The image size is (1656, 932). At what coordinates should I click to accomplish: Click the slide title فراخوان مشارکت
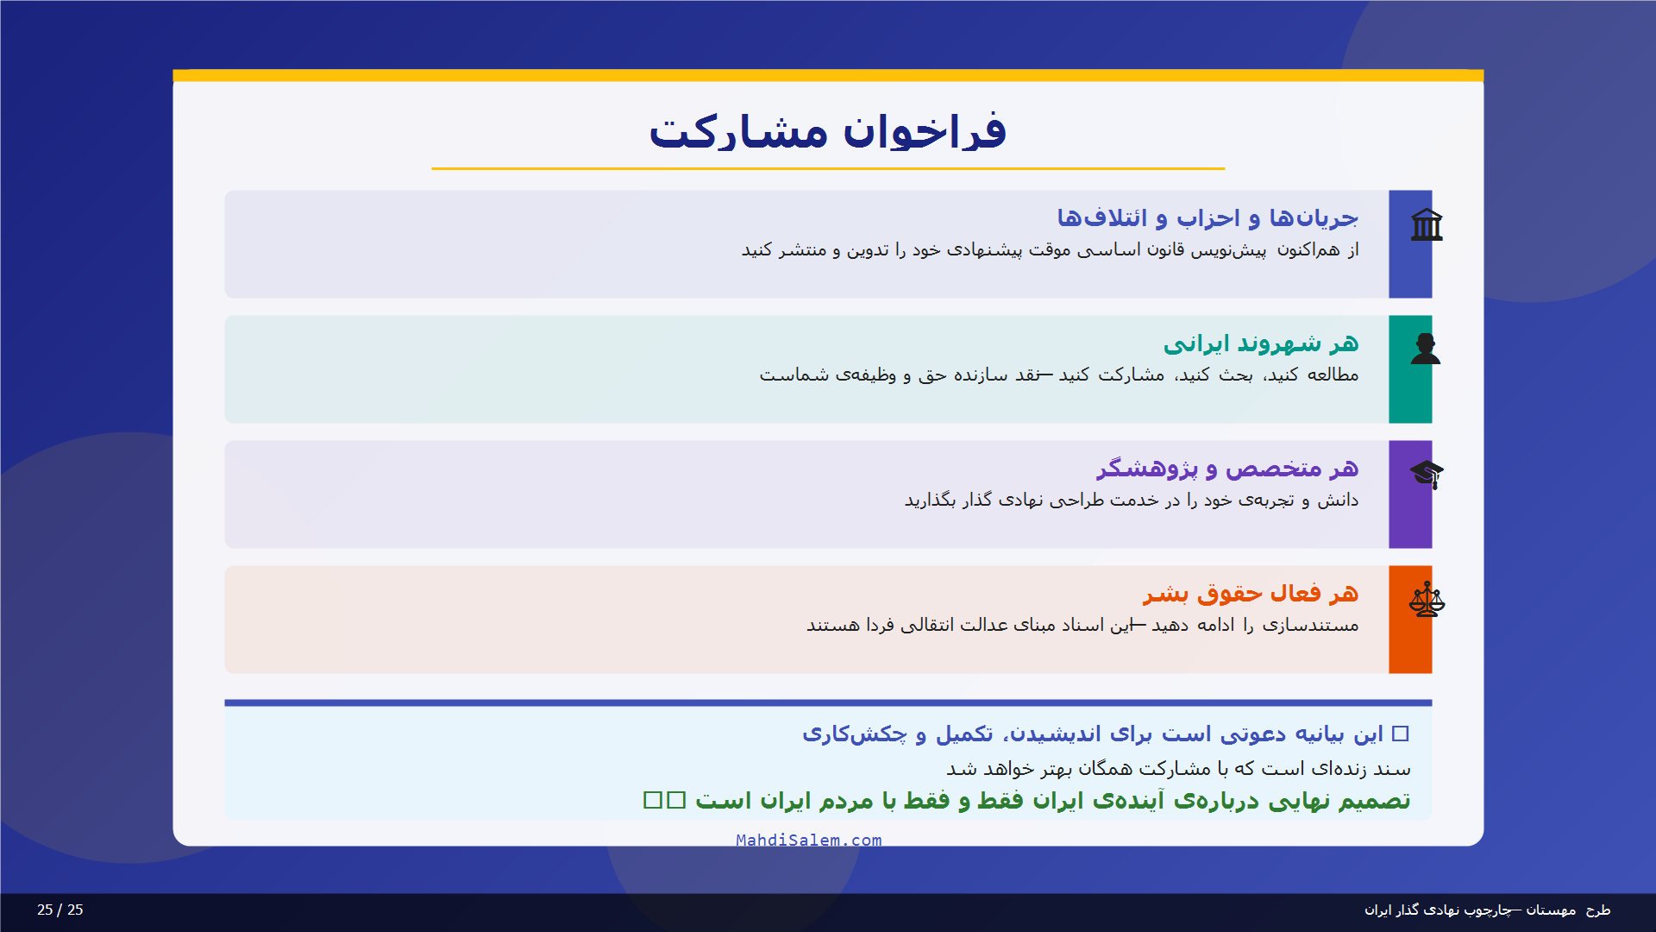827,131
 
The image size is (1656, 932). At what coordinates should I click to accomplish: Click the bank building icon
1427,225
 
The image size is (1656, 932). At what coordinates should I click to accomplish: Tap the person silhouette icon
1426,349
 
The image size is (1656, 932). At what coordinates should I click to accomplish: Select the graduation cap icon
1427,474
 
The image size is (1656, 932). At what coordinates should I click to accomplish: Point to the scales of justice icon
1427,599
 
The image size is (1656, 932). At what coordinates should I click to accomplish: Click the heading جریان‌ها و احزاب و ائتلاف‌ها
1207,217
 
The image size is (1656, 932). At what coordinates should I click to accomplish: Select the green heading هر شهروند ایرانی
1260,343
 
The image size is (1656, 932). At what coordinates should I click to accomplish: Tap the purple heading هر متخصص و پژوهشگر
1226,469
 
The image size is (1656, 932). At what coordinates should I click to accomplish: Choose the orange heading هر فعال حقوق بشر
1250,594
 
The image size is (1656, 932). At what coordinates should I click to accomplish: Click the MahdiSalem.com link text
808,840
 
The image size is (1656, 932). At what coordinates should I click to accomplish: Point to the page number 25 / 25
60,910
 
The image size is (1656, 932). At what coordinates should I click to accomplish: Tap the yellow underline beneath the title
827,168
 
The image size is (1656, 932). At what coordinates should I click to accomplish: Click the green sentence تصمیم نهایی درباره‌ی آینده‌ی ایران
1052,801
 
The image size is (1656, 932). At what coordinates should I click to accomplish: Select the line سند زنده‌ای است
1178,768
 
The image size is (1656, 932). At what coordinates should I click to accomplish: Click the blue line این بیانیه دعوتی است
1104,734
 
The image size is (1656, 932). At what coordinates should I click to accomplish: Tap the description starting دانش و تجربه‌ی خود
1131,501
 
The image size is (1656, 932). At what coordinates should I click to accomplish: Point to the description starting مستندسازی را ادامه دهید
1082,625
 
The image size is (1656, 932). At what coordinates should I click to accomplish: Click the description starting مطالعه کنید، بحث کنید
1058,375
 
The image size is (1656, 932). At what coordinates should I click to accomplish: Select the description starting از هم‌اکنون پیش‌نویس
1050,249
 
